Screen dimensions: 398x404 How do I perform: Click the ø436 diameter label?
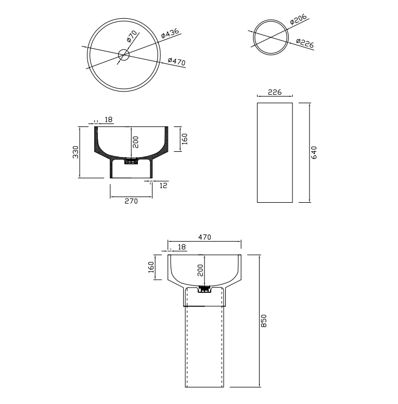pyautogui.click(x=170, y=33)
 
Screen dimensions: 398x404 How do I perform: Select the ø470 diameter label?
pyautogui.click(x=176, y=61)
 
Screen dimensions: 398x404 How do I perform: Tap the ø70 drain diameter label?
pyautogui.click(x=132, y=36)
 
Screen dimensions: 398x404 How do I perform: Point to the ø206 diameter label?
pyautogui.click(x=298, y=19)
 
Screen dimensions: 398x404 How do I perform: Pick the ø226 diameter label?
pyautogui.click(x=305, y=43)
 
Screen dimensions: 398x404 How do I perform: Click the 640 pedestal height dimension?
pyautogui.click(x=314, y=152)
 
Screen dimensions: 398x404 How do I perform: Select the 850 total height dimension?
pyautogui.click(x=264, y=321)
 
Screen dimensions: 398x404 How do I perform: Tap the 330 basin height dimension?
pyautogui.click(x=75, y=152)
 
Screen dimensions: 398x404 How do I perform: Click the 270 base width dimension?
pyautogui.click(x=131, y=201)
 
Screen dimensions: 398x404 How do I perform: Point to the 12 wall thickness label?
pyautogui.click(x=163, y=185)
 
